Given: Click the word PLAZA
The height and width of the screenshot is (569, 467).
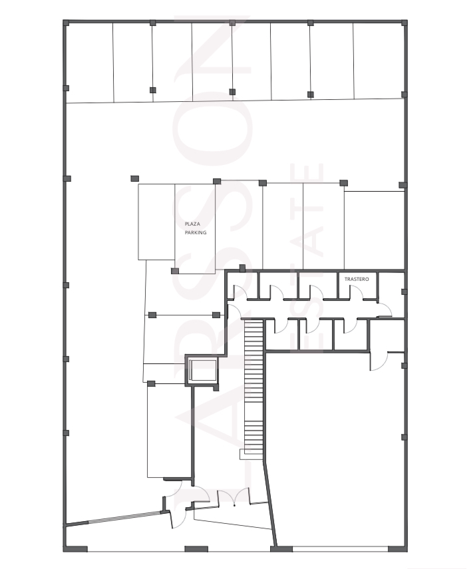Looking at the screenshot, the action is (x=192, y=224).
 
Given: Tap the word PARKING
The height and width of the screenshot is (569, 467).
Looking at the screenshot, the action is (x=196, y=232).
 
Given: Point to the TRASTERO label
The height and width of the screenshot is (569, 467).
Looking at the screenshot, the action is (x=357, y=279).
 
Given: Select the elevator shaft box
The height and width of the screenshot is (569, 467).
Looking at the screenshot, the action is (x=202, y=371).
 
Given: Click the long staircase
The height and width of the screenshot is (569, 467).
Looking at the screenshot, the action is (x=253, y=387).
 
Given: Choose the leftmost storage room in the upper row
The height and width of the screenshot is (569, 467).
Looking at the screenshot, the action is (x=242, y=285).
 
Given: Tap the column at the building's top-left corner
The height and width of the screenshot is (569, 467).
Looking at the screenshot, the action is (x=66, y=23).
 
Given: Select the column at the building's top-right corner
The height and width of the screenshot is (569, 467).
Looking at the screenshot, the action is (x=404, y=23).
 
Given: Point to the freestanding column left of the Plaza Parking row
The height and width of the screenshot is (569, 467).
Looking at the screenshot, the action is (x=134, y=178).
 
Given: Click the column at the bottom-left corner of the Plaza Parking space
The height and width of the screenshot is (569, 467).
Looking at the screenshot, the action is (x=174, y=271).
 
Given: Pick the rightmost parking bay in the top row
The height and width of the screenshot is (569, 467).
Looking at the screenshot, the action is (x=379, y=61).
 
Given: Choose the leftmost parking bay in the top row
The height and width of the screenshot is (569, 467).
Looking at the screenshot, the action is (x=90, y=63).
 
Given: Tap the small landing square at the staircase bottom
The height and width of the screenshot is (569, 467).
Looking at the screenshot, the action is (x=242, y=455).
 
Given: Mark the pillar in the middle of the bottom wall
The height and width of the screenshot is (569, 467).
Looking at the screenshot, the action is (x=196, y=548).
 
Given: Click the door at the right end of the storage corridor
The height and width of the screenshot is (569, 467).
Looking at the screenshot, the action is (x=385, y=309).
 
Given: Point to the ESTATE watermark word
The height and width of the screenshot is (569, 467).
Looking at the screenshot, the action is (x=307, y=258).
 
